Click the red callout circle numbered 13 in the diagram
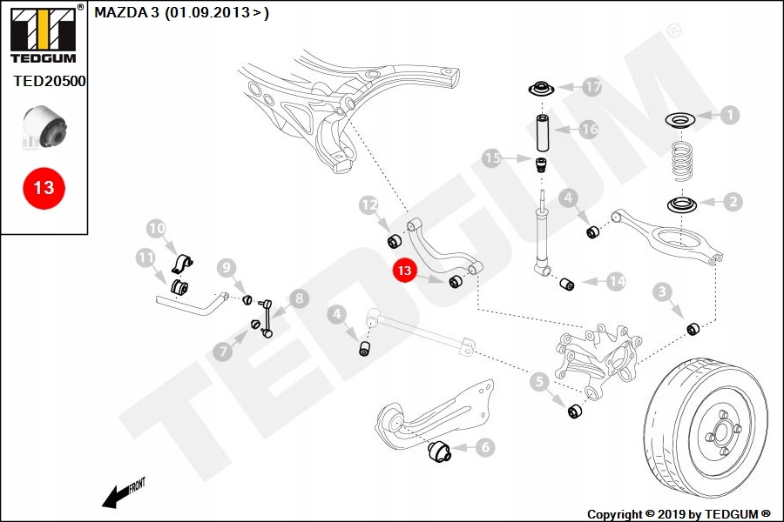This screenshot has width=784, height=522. (x=405, y=271)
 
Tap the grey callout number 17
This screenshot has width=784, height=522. (x=592, y=87)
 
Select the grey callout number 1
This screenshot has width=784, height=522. (x=728, y=114)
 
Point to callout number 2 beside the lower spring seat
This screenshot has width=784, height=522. (x=733, y=202)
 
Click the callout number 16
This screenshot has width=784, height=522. (x=589, y=130)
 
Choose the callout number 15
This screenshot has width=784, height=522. (x=493, y=158)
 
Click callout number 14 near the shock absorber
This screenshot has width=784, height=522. (x=616, y=281)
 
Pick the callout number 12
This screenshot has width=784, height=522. (x=369, y=205)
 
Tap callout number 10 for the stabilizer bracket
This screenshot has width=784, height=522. (x=156, y=230)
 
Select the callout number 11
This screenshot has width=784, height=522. (x=145, y=258)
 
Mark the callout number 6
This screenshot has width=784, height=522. (x=484, y=447)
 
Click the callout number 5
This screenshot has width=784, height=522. (x=539, y=380)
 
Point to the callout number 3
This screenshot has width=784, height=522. (x=663, y=291)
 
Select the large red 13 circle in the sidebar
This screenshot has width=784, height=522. (x=44, y=187)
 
